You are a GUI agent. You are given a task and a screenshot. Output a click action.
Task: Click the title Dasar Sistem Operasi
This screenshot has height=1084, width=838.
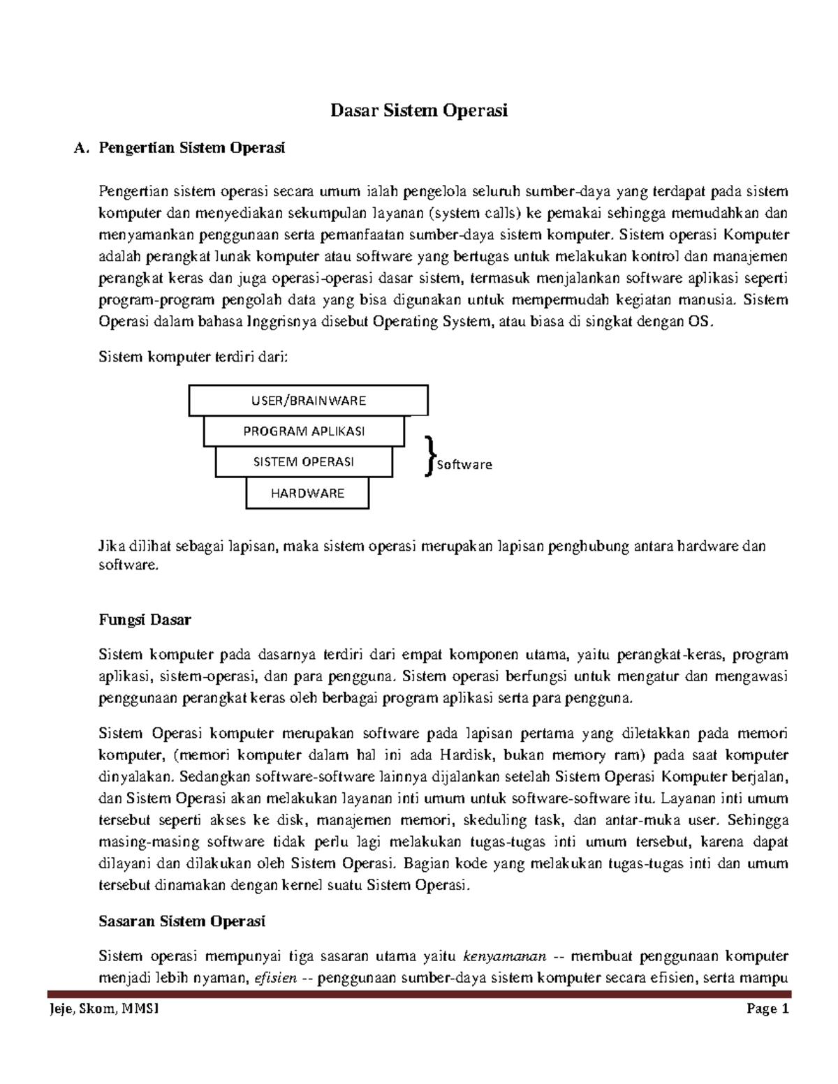[x=419, y=110]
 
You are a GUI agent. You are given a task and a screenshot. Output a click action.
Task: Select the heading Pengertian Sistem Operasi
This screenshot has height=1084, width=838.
[x=192, y=147]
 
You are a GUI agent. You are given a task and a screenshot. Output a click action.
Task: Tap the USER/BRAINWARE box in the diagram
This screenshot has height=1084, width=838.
[x=308, y=401]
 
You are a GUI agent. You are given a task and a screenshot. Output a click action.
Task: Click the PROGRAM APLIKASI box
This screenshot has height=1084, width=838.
[x=304, y=431]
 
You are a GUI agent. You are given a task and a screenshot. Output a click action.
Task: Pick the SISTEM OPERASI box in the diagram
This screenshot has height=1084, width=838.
[x=304, y=462]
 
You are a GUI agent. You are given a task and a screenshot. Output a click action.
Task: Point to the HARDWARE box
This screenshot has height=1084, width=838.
[x=307, y=493]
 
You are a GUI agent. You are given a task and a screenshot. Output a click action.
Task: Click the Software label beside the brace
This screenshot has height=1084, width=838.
[x=464, y=465]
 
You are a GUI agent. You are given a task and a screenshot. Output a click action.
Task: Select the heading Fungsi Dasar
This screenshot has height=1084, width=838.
[x=145, y=620]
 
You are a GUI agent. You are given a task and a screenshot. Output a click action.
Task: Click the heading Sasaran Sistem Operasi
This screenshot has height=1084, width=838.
[x=182, y=921]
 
